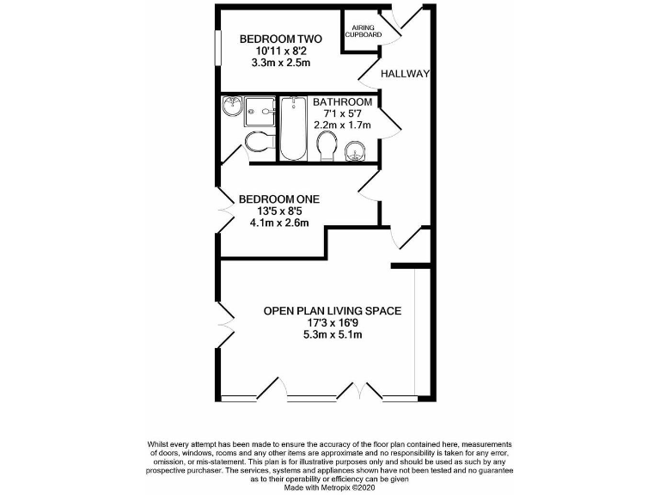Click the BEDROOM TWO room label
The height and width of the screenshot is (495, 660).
click(x=280, y=39)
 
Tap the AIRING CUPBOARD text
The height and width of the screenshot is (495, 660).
click(x=362, y=31)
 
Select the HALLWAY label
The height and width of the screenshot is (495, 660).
click(x=405, y=74)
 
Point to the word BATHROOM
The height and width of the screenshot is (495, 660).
click(x=342, y=101)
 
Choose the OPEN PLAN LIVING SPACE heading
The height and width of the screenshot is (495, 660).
click(x=332, y=310)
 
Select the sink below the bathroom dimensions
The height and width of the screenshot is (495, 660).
click(x=355, y=153)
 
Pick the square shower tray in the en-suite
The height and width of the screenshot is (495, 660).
click(x=259, y=109)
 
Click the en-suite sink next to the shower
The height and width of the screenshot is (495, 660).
click(x=231, y=107)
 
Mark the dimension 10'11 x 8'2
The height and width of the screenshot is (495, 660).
click(x=280, y=51)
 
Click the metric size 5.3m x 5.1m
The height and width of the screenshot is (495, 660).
click(x=332, y=334)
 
